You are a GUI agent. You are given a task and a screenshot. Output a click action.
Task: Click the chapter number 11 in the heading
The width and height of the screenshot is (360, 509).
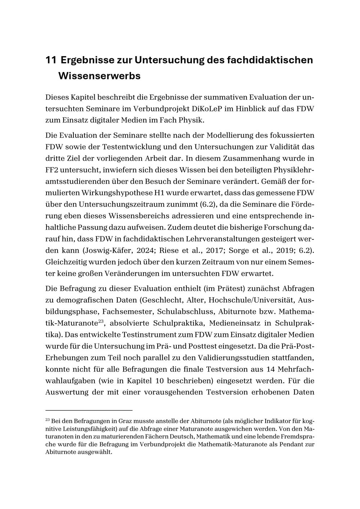[x=51, y=60]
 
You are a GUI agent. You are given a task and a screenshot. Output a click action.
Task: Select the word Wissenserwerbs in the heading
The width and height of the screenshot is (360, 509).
[x=99, y=76]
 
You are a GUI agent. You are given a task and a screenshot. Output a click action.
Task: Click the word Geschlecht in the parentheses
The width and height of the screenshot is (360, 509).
[x=161, y=299]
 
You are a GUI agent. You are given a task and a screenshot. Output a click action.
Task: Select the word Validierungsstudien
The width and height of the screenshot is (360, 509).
[x=231, y=358]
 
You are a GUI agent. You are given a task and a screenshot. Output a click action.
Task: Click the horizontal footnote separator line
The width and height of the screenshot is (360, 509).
[x=89, y=410]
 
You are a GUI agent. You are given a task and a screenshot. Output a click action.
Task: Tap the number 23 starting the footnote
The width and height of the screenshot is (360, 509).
[x=48, y=419]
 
